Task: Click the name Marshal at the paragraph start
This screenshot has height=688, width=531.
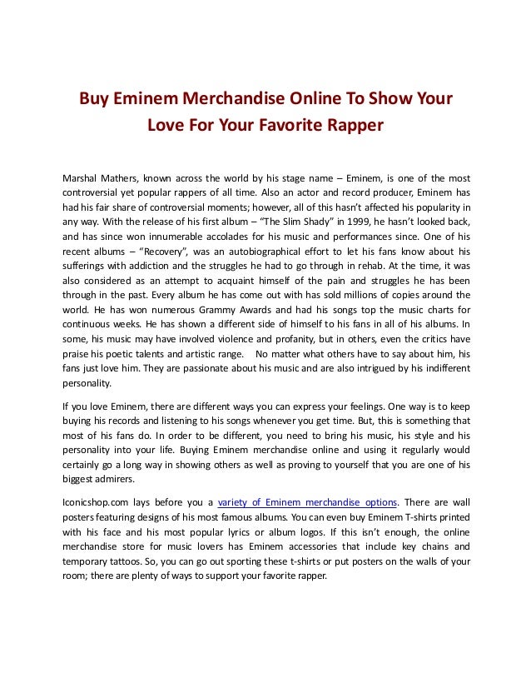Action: (82, 178)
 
